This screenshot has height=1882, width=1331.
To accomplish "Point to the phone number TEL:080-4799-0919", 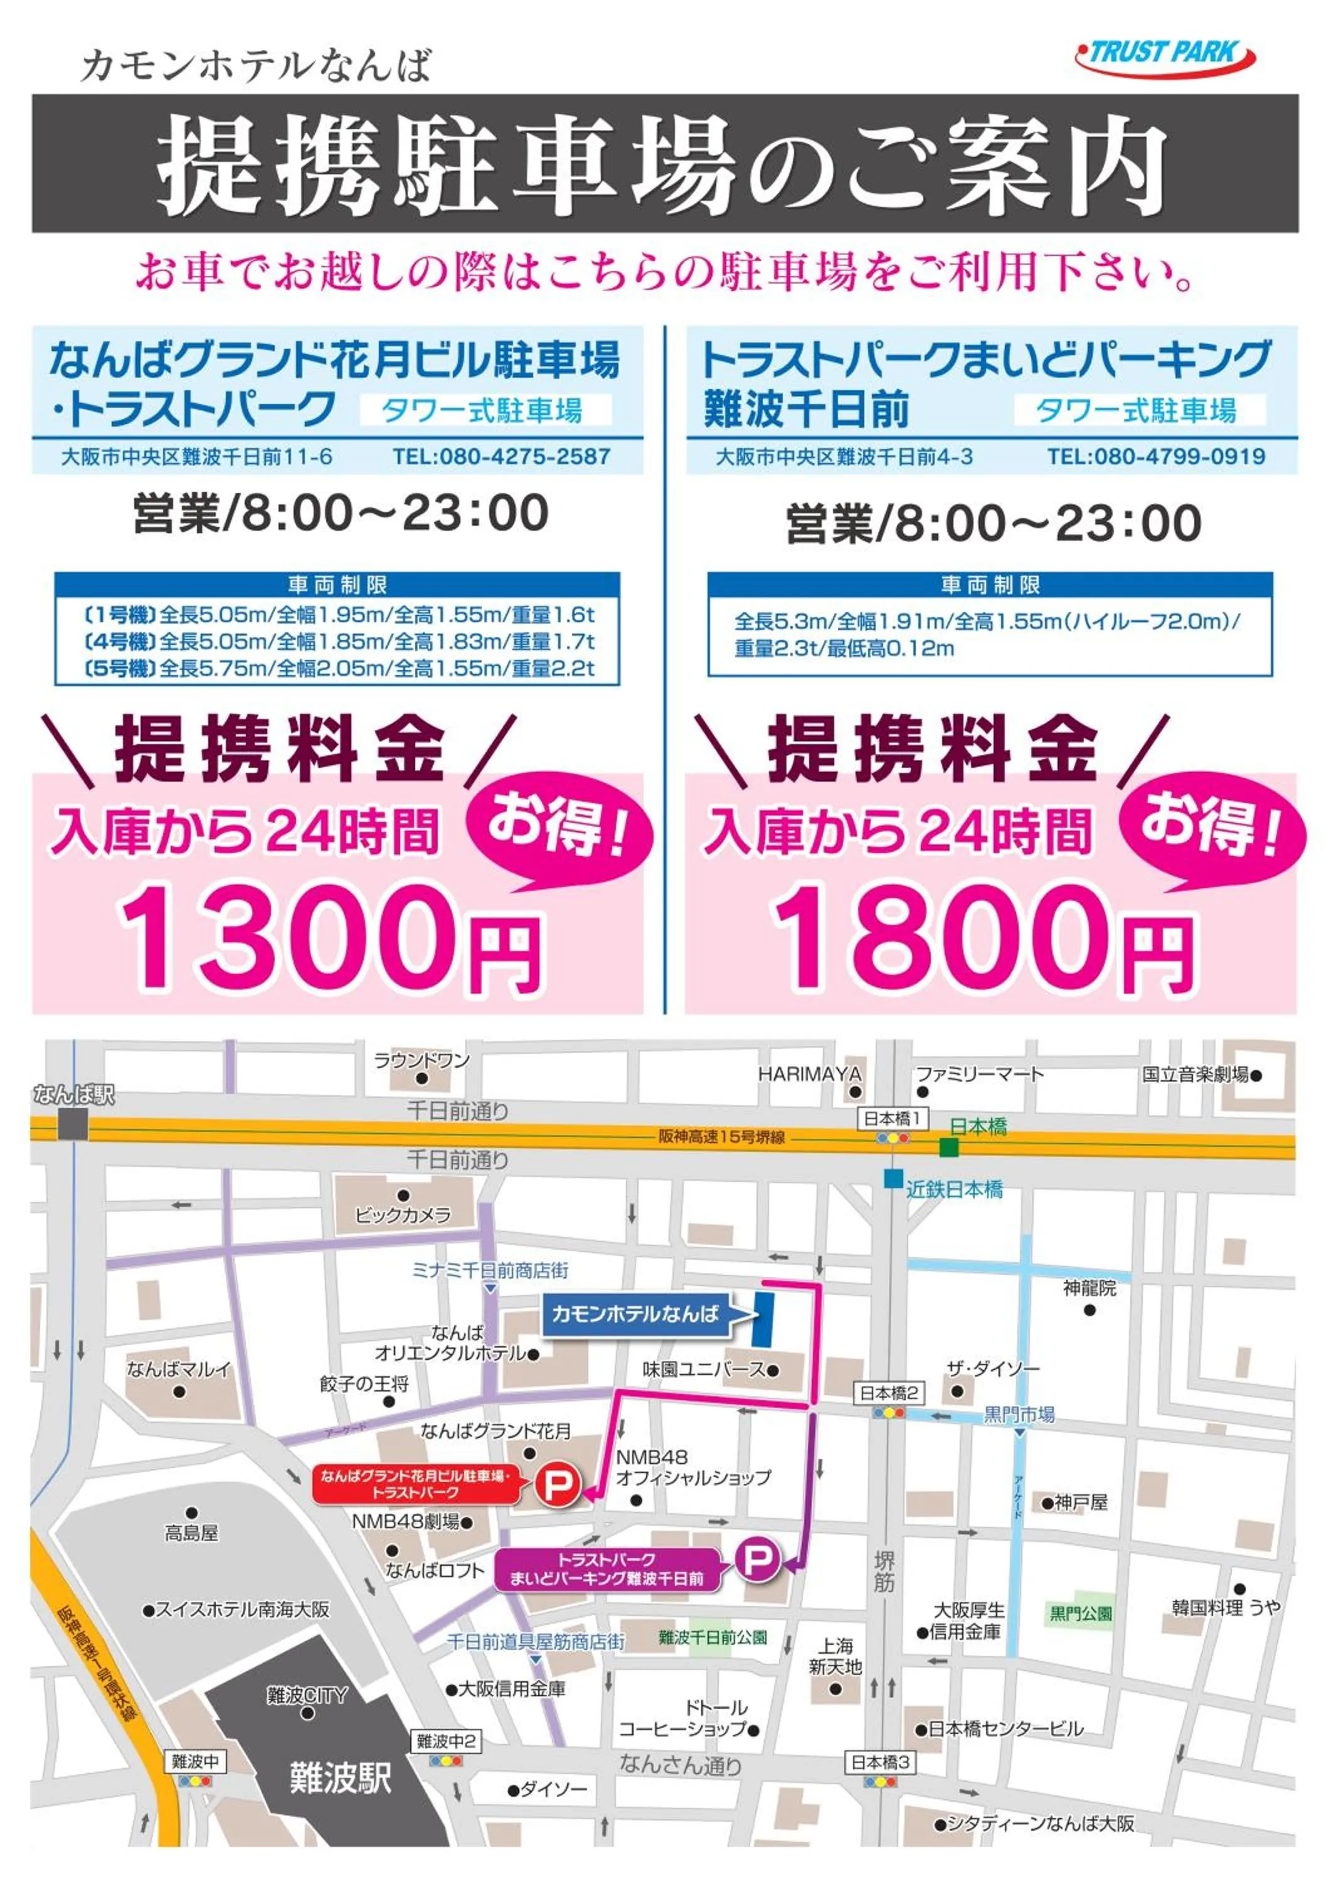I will pyautogui.click(x=1155, y=457).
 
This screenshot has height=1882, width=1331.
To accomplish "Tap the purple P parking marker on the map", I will pyautogui.click(x=756, y=1558).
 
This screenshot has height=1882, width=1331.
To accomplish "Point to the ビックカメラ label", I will pyautogui.click(x=403, y=1215).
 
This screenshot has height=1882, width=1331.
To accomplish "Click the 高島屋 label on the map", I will pyautogui.click(x=191, y=1533).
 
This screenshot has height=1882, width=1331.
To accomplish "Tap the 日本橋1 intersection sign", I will pyautogui.click(x=893, y=1117).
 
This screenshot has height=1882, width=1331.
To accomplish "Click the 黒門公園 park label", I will pyautogui.click(x=1080, y=1613).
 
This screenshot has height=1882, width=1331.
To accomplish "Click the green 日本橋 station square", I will pyautogui.click(x=948, y=1147).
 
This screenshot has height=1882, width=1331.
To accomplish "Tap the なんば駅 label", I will pyautogui.click(x=74, y=1094).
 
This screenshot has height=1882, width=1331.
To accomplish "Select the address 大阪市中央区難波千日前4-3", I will pyautogui.click(x=844, y=457).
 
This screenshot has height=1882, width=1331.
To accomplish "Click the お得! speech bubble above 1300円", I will pyautogui.click(x=559, y=824).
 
